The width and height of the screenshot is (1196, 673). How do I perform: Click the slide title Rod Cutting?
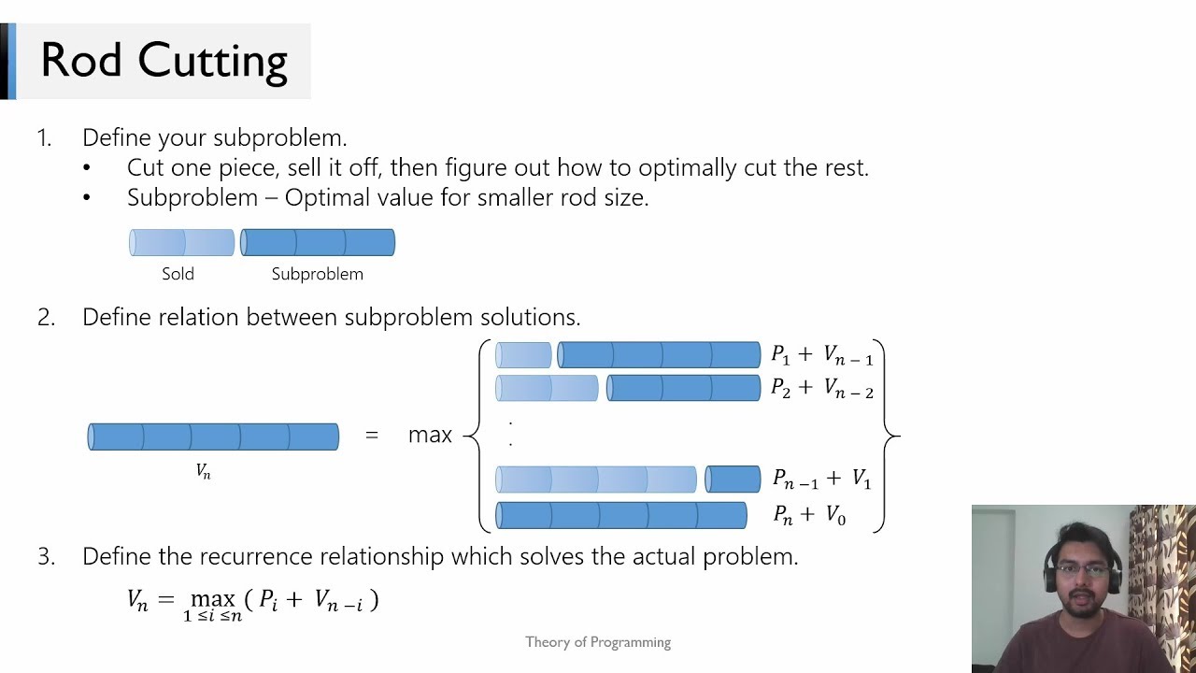pyautogui.click(x=164, y=61)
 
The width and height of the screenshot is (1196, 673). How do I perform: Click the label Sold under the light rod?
pyautogui.click(x=178, y=274)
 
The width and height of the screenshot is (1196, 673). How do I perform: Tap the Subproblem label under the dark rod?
pyautogui.click(x=317, y=274)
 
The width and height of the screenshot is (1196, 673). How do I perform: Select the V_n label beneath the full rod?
pyautogui.click(x=203, y=472)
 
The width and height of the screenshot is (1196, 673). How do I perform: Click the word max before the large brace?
pyautogui.click(x=430, y=435)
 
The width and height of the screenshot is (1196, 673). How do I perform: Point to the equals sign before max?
pyautogui.click(x=372, y=435)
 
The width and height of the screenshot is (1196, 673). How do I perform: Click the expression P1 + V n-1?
pyautogui.click(x=821, y=355)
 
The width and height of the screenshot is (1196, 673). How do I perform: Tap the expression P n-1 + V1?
pyautogui.click(x=821, y=480)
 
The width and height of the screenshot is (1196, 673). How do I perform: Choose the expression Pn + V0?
pyautogui.click(x=809, y=514)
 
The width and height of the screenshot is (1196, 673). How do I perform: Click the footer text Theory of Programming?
pyautogui.click(x=598, y=642)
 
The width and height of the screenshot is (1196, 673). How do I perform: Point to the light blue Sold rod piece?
pyautogui.click(x=182, y=243)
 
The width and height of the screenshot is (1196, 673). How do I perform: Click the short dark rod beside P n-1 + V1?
pyautogui.click(x=733, y=480)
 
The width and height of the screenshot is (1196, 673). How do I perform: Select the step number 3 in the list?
pyautogui.click(x=46, y=557)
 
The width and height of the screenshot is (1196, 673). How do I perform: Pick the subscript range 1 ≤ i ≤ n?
pyautogui.click(x=212, y=616)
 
